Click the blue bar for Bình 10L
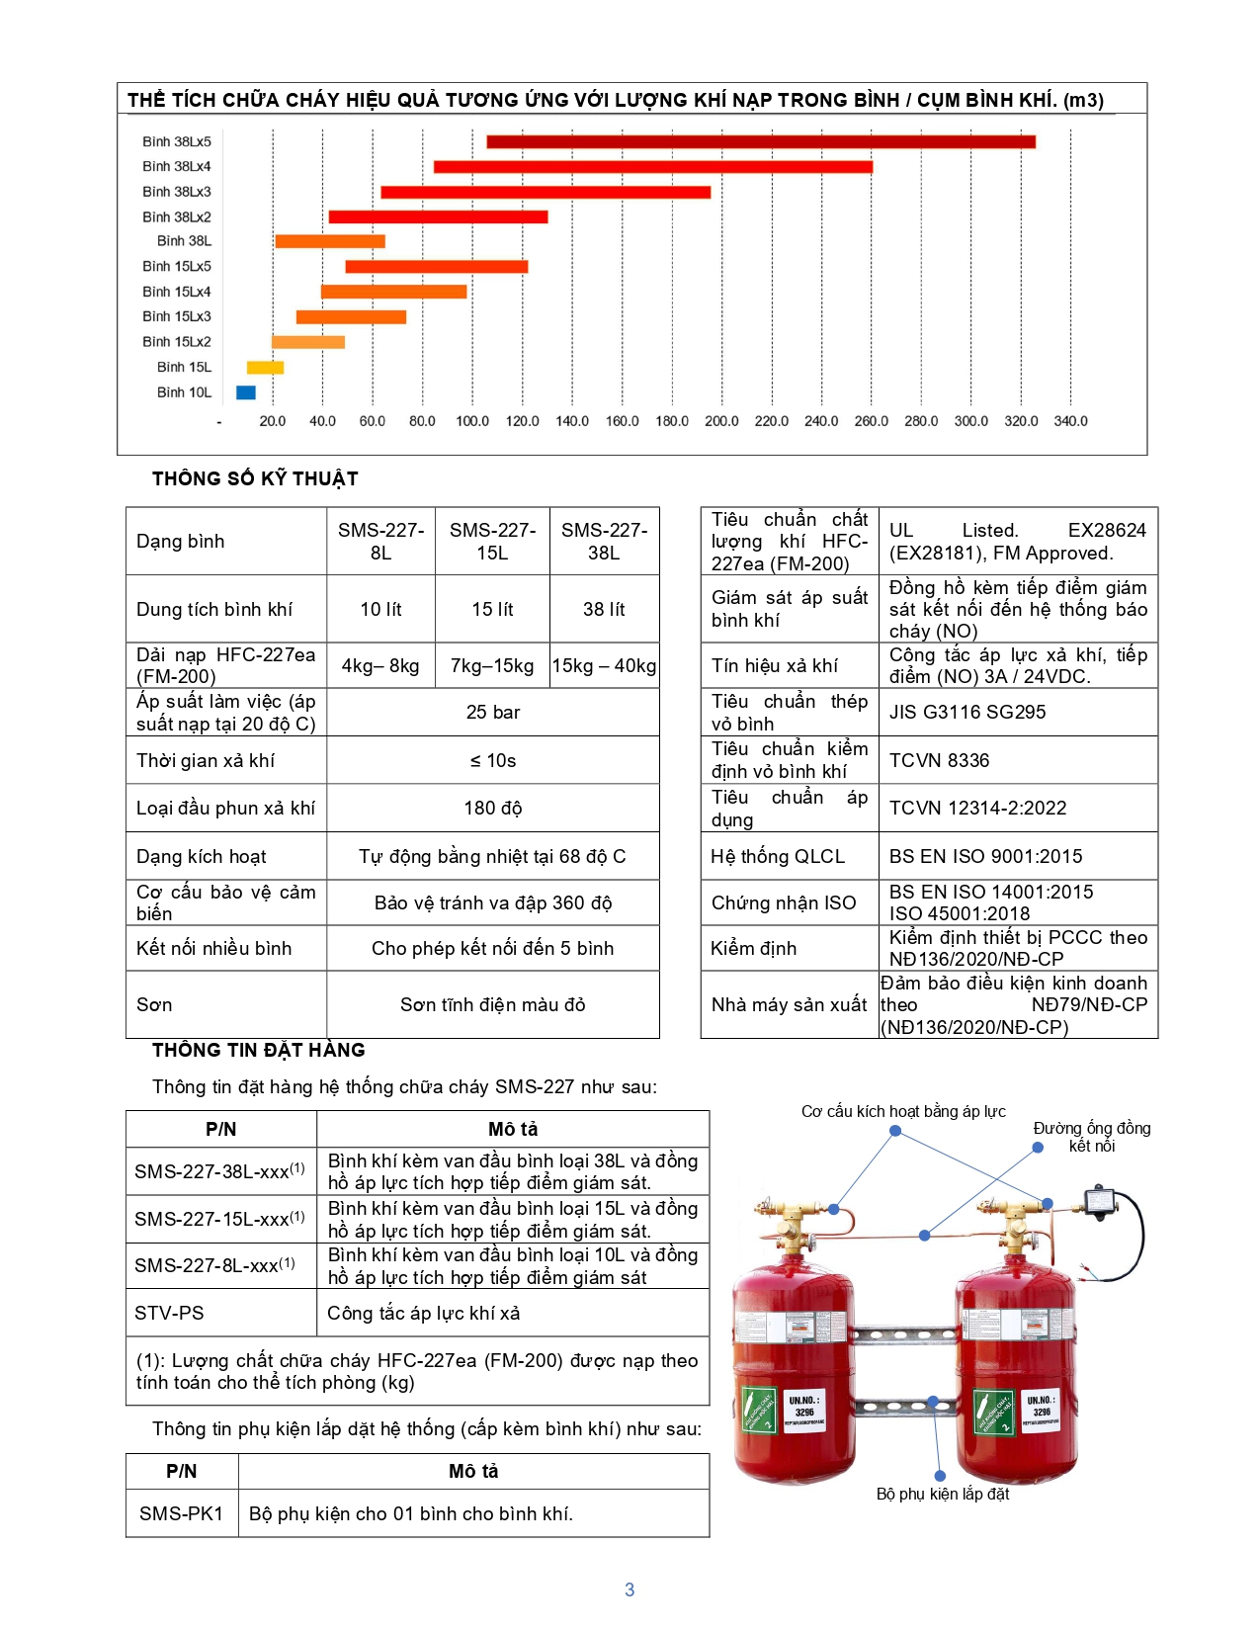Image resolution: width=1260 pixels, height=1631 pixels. click(246, 392)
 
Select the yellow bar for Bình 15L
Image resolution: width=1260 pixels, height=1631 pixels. click(265, 368)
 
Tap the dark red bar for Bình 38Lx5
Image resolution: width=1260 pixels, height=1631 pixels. click(760, 141)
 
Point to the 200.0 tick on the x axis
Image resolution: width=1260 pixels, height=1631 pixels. click(721, 421)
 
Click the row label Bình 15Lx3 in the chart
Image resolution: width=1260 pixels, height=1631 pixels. click(177, 316)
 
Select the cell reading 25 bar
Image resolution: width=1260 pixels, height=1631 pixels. click(492, 712)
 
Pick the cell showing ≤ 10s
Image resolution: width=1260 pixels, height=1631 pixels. click(492, 760)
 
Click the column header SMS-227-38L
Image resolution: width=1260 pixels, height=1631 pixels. click(604, 541)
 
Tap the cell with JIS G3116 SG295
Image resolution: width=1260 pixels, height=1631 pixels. click(966, 712)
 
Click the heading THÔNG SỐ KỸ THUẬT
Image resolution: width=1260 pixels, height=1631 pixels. click(255, 478)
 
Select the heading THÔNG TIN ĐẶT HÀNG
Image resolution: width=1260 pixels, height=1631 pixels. click(259, 1050)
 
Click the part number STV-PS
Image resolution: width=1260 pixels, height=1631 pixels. click(170, 1313)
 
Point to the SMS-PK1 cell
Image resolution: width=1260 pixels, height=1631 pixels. click(182, 1513)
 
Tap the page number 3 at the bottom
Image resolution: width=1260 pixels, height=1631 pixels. click(630, 1589)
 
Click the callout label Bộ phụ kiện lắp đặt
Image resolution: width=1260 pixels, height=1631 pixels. click(943, 1494)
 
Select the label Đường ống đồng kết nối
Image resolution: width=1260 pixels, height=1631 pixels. click(1092, 1137)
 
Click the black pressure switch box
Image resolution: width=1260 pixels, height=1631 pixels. click(1099, 1201)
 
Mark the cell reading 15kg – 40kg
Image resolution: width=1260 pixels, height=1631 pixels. click(604, 665)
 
